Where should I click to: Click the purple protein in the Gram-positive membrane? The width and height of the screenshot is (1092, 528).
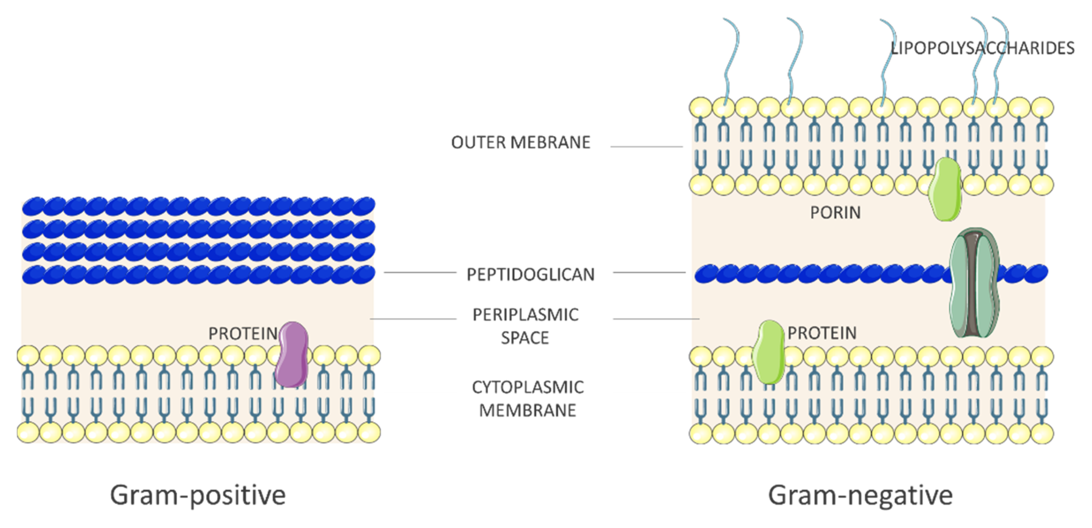pyautogui.click(x=291, y=354)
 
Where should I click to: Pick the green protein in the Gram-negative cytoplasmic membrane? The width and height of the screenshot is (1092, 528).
pyautogui.click(x=768, y=352)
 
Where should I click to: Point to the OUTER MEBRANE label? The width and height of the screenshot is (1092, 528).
pyautogui.click(x=521, y=142)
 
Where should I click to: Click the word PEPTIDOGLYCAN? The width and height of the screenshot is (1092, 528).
pyautogui.click(x=531, y=275)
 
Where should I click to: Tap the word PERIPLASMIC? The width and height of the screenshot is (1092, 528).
pyautogui.click(x=526, y=315)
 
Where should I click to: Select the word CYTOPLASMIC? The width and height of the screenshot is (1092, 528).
pyautogui.click(x=528, y=387)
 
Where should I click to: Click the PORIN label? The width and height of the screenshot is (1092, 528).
pyautogui.click(x=835, y=212)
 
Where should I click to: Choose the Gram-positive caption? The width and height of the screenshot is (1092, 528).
pyautogui.click(x=198, y=495)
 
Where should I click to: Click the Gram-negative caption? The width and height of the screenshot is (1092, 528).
pyautogui.click(x=860, y=495)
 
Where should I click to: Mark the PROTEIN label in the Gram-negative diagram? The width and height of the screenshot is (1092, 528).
pyautogui.click(x=822, y=333)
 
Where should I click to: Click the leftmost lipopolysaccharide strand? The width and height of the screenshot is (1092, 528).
pyautogui.click(x=730, y=59)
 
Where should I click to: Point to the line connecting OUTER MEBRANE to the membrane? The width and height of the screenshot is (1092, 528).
pyautogui.click(x=646, y=147)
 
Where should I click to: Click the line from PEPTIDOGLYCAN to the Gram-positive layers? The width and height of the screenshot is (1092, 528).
pyautogui.click(x=420, y=273)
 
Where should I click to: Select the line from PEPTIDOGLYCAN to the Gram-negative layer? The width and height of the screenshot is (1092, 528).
pyautogui.click(x=649, y=273)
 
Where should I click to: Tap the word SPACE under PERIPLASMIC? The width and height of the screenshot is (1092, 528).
pyautogui.click(x=525, y=338)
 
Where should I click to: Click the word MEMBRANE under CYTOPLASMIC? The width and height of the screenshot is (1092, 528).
pyautogui.click(x=528, y=410)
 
